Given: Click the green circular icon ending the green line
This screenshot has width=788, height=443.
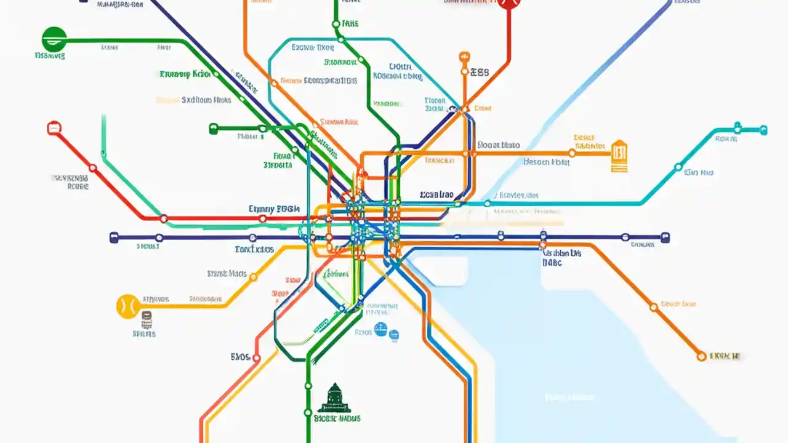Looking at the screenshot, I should tap(54, 39).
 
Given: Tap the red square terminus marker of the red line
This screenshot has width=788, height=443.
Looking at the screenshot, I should tap(54, 128).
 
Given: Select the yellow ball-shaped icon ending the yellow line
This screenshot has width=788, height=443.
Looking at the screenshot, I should tap(128, 306).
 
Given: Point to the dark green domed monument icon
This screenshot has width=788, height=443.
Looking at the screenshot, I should tap(334, 398).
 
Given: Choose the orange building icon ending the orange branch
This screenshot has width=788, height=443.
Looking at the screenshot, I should tap(619, 155).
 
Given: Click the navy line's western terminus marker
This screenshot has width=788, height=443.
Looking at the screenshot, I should tap(113, 237).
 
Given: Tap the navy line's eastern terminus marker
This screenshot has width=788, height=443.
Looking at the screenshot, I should tap(665, 237).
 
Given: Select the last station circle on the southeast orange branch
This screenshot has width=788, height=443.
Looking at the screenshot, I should tap(701, 356).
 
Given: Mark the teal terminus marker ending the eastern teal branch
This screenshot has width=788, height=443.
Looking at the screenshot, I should tap(763, 130).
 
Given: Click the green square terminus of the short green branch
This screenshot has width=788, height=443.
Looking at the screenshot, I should tap(214, 129).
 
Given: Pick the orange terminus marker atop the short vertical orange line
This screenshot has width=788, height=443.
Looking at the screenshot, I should tap(464, 57).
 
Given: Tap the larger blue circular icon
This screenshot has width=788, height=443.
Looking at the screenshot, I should tap(380, 330).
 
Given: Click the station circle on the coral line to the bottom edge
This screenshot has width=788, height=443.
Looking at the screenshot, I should tap(257, 357).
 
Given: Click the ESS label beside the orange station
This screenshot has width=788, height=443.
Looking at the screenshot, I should tap(479, 72).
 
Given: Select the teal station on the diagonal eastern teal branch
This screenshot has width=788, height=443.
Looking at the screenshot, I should tap(678, 166).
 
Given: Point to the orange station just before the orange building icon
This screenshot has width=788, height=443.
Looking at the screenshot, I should tap(572, 153).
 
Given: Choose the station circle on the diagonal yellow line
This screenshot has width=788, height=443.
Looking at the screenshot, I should tap(253, 277).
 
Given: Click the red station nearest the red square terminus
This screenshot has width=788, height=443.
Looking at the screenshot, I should tap(92, 167).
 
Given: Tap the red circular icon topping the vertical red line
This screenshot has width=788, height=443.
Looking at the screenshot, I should tap(509, 2).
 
